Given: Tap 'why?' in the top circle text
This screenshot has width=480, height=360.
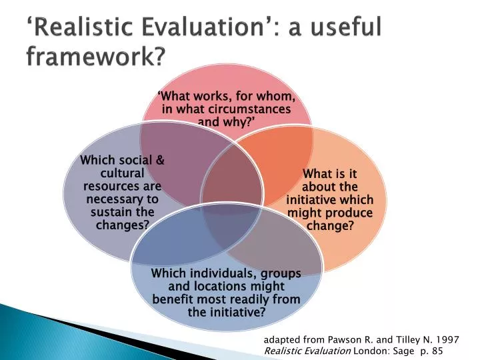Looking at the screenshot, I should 241,121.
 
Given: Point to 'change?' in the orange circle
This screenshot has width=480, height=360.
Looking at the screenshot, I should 329,225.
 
